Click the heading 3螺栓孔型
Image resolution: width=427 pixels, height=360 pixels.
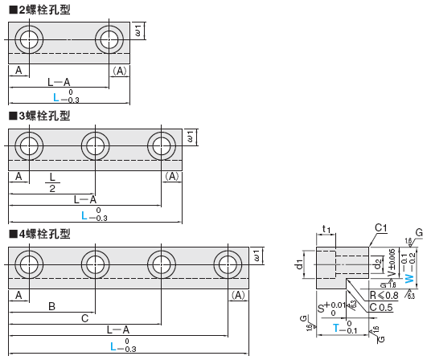(x=39, y=116)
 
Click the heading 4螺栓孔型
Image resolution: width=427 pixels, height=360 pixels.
(x=39, y=234)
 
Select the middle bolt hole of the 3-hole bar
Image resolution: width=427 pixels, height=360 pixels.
(x=96, y=148)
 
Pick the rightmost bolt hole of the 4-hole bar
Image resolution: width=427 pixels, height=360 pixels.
(x=228, y=267)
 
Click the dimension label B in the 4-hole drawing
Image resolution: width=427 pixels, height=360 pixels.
(x=51, y=306)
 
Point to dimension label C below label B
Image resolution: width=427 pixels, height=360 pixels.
(x=84, y=318)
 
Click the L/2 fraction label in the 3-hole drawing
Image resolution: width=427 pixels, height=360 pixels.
(x=53, y=182)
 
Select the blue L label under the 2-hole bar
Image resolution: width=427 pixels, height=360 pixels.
(x=55, y=96)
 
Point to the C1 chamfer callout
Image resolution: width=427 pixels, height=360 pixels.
(x=382, y=229)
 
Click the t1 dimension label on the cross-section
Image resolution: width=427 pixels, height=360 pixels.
(x=326, y=230)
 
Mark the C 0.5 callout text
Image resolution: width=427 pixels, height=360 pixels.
(x=382, y=306)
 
